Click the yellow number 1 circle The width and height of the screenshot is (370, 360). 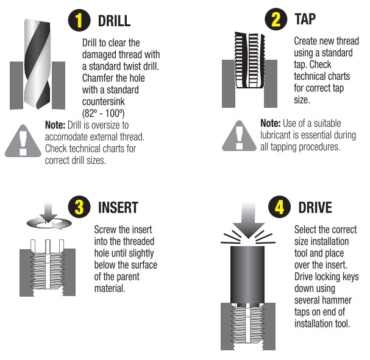[x=79, y=21]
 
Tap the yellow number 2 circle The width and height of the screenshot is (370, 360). [x=276, y=19]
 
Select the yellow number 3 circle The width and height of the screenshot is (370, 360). [x=79, y=206]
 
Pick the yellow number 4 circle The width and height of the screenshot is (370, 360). [x=279, y=206]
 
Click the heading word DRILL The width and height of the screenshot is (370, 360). [x=114, y=21]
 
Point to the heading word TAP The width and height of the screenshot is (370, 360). [x=305, y=19]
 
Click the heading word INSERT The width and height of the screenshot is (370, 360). [x=118, y=208]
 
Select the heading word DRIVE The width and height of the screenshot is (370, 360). [x=315, y=208]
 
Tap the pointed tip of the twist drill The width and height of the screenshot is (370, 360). [x=37, y=108]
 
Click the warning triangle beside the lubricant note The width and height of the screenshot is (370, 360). [x=239, y=137]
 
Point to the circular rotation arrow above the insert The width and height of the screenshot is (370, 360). [x=49, y=224]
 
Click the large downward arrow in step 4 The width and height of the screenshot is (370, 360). [x=248, y=220]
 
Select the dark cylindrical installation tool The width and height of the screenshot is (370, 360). [x=247, y=275]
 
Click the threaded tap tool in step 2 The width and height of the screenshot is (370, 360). [x=249, y=60]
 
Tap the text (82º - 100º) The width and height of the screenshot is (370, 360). [x=103, y=113]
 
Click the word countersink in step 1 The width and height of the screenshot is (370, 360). [x=104, y=102]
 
